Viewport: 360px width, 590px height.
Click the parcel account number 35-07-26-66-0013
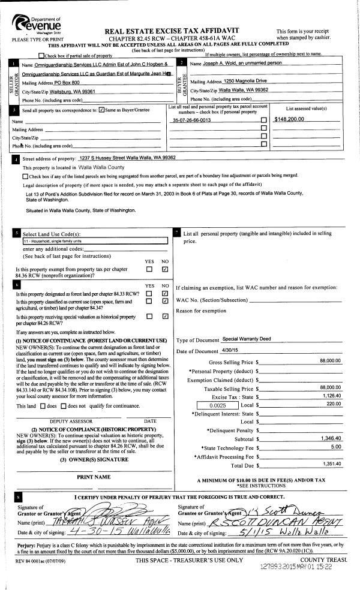click(191, 120)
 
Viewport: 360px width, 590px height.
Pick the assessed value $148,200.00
click(289, 119)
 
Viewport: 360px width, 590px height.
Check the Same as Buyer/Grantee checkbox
click(101, 110)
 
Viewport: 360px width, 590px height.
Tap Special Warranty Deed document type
click(247, 339)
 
